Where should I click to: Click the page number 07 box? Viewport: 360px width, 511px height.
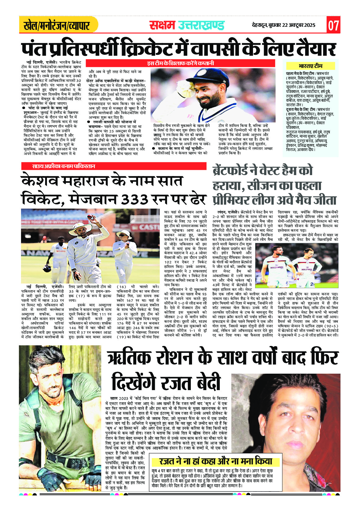tap(333, 25)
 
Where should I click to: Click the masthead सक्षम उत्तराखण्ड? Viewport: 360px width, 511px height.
tap(187, 25)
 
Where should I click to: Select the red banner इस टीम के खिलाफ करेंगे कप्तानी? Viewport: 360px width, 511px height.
tap(180, 63)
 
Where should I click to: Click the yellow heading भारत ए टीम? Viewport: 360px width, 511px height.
tap(311, 66)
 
